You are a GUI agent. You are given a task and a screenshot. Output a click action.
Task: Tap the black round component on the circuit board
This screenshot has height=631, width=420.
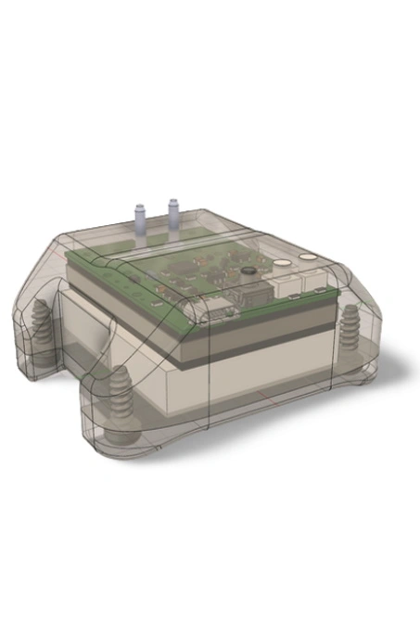[248, 271]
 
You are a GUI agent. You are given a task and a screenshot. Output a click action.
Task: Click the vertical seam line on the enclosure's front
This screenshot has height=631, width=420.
[214, 371]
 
